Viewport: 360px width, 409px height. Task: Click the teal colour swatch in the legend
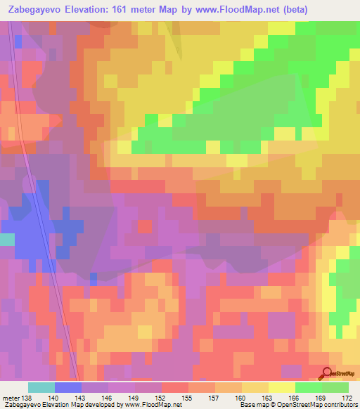point(41,387)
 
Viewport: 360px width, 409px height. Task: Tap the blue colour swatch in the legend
point(68,387)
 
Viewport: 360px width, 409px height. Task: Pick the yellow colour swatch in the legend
point(281,387)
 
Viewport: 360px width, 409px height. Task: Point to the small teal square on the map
point(6,239)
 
